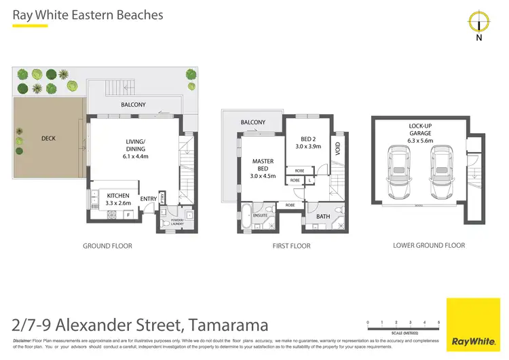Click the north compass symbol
pos(479,22)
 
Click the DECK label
pos(48,139)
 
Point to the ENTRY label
pos(148,199)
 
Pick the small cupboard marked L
pos(309,180)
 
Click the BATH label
pos(324,217)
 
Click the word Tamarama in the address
pos(227,325)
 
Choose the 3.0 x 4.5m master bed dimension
pos(263,177)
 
